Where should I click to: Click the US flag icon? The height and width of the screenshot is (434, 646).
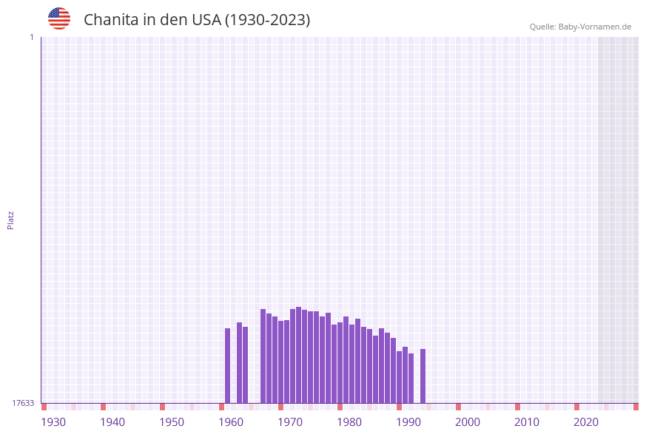[59, 18]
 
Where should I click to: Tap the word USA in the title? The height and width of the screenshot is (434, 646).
[206, 20]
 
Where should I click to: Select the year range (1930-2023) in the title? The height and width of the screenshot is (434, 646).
[267, 20]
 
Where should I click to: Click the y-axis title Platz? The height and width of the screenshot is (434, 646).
[11, 220]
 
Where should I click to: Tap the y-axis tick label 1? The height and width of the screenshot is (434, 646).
[31, 37]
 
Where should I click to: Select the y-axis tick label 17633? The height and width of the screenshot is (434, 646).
[23, 403]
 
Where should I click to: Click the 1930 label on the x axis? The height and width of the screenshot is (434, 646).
[53, 422]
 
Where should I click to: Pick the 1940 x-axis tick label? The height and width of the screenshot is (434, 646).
[112, 422]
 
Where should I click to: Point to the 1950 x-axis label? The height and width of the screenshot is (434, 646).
[172, 422]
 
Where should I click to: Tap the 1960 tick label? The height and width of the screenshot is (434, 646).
[231, 422]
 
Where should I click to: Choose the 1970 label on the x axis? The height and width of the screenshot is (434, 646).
[290, 422]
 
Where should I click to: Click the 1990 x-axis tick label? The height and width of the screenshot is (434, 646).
[408, 422]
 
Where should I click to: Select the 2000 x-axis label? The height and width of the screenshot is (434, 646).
[468, 422]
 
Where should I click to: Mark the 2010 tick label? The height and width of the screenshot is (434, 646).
[527, 422]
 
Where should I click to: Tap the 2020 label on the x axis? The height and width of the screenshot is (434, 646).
[586, 422]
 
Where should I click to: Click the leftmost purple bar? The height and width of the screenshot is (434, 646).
[228, 365]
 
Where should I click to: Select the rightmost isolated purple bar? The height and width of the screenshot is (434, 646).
[423, 376]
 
